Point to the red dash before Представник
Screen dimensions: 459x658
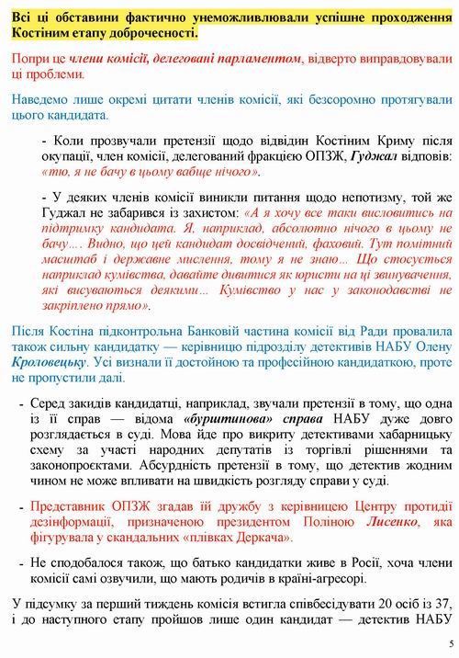tap(20, 506)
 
